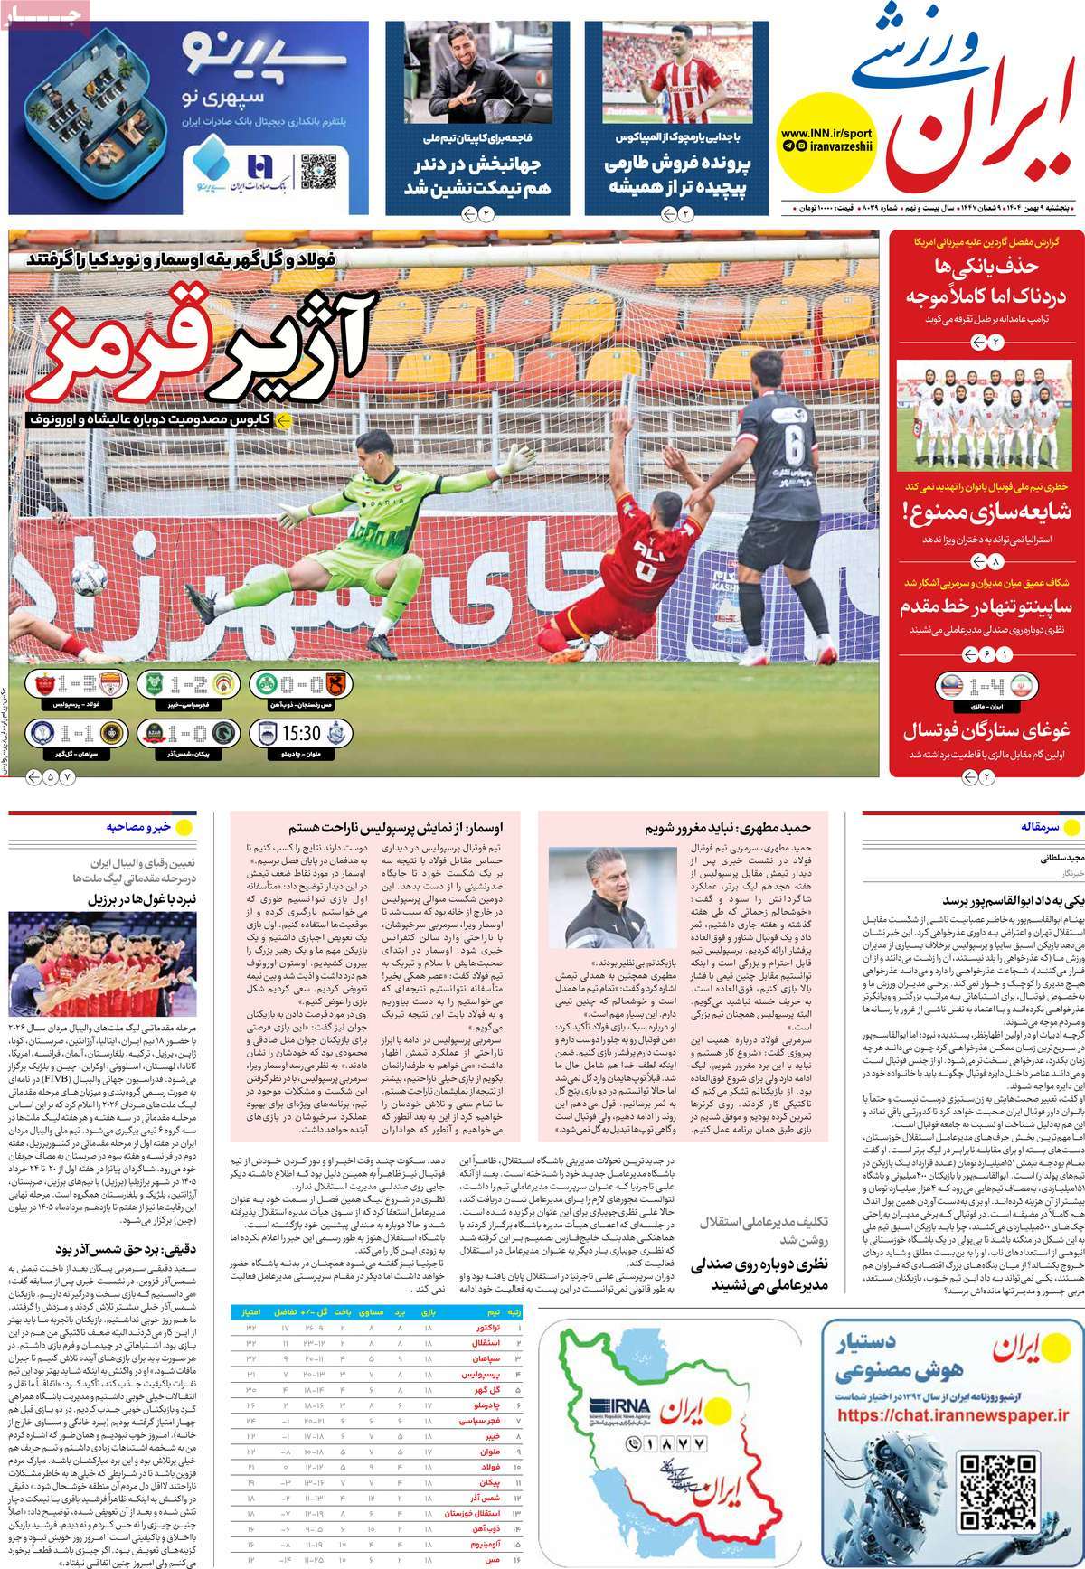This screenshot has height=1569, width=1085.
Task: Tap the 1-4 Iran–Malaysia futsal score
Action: (x=985, y=685)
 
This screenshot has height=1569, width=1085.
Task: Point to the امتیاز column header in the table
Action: (x=247, y=1311)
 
